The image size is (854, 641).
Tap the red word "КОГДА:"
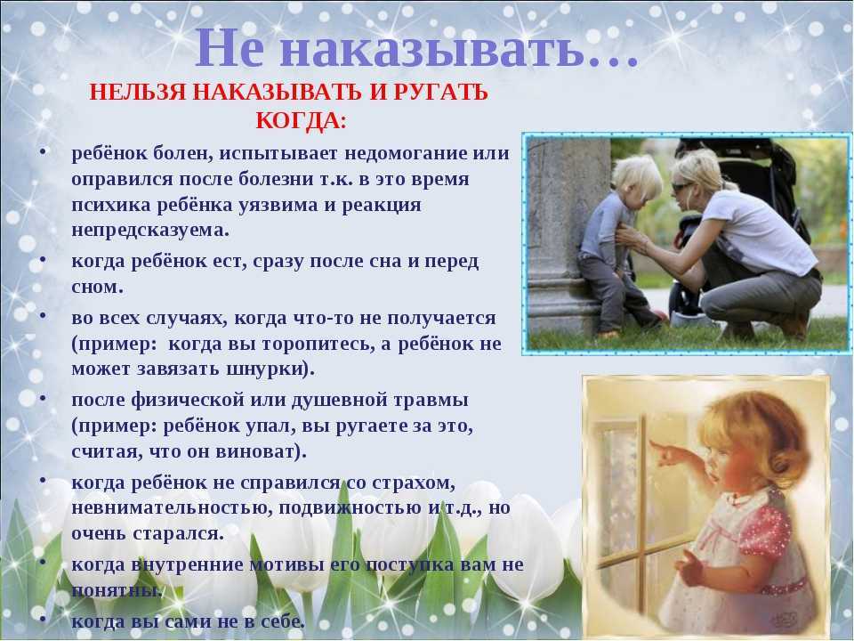[301, 120]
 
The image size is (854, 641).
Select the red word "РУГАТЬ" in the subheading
[440, 92]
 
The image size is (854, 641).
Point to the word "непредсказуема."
[150, 230]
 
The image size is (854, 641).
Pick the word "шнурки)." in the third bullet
[270, 369]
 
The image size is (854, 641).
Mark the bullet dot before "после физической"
[43, 396]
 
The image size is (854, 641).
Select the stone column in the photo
[561, 234]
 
